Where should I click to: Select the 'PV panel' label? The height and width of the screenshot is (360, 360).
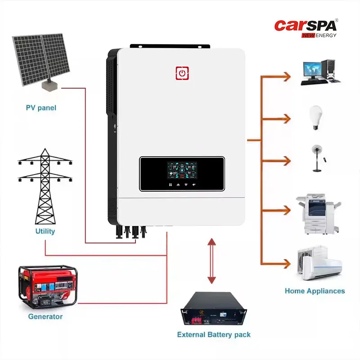[x=41, y=108]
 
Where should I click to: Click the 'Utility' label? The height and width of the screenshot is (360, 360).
[x=45, y=231]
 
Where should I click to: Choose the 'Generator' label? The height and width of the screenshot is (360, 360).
[x=45, y=316]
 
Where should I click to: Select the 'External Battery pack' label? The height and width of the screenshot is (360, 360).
[x=214, y=335]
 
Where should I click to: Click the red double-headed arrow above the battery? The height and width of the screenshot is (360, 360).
[x=211, y=261]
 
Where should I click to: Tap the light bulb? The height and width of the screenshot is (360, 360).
[x=316, y=117]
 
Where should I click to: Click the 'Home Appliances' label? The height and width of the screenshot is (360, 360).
[x=315, y=291]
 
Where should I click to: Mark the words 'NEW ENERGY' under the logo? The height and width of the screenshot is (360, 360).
[x=319, y=35]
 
